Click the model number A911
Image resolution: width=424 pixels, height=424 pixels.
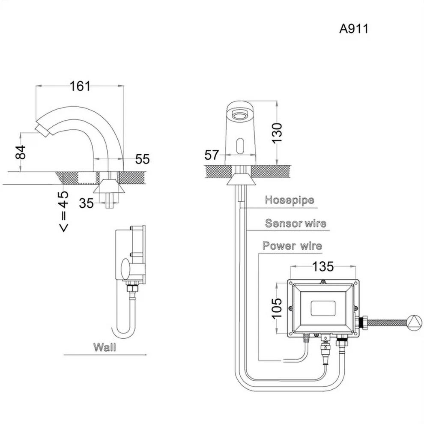tap(353, 29)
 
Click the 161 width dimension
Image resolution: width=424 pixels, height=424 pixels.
tap(80, 86)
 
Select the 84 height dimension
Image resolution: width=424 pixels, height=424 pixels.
tap(21, 152)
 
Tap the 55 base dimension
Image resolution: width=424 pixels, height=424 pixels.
tap(143, 159)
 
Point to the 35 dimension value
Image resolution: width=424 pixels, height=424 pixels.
tap(86, 203)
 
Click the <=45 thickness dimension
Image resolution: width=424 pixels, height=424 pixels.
tap(63, 211)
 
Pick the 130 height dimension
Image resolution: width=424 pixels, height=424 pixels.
tap(277, 133)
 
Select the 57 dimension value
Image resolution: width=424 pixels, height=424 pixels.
tap(212, 155)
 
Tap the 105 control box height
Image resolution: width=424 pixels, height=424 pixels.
tap(277, 308)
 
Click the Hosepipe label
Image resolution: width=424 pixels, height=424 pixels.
tap(290, 200)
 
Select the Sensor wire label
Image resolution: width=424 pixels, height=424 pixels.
tap(296, 223)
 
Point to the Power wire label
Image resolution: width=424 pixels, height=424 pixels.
tap(292, 246)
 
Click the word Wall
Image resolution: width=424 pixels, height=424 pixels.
tap(105, 347)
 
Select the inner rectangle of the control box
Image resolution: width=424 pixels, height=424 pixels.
tap(322, 308)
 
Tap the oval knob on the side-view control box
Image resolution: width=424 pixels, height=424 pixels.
tap(125, 269)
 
